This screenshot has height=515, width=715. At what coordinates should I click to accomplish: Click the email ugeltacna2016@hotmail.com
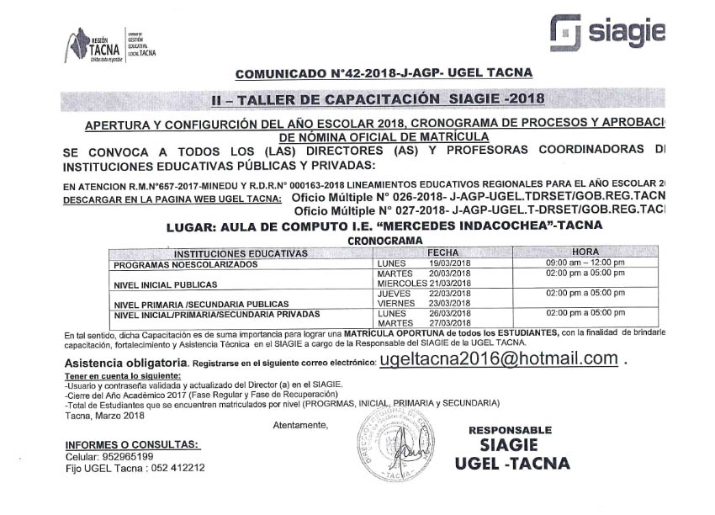(499, 359)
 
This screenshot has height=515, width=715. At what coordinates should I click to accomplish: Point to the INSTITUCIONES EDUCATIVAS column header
(241, 253)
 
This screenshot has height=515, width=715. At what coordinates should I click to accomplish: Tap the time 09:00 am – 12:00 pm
(585, 263)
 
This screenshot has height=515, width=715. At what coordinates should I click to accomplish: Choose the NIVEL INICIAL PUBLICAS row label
(160, 284)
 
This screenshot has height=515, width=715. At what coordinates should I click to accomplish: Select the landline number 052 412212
(178, 468)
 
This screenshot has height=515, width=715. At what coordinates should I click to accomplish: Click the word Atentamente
(300, 425)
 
